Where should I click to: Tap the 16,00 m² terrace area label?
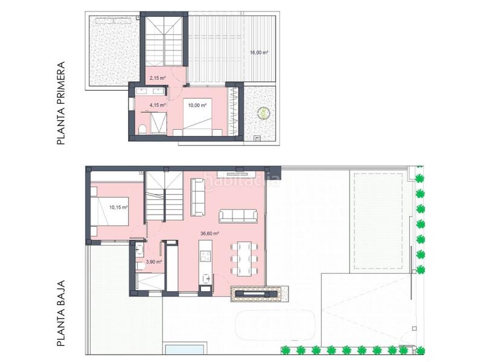click(259, 52)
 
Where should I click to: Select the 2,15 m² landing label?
click(158, 78)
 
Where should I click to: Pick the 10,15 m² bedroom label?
click(118, 208)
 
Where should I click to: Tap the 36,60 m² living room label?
click(210, 233)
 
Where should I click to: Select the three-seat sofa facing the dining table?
click(237, 215)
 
